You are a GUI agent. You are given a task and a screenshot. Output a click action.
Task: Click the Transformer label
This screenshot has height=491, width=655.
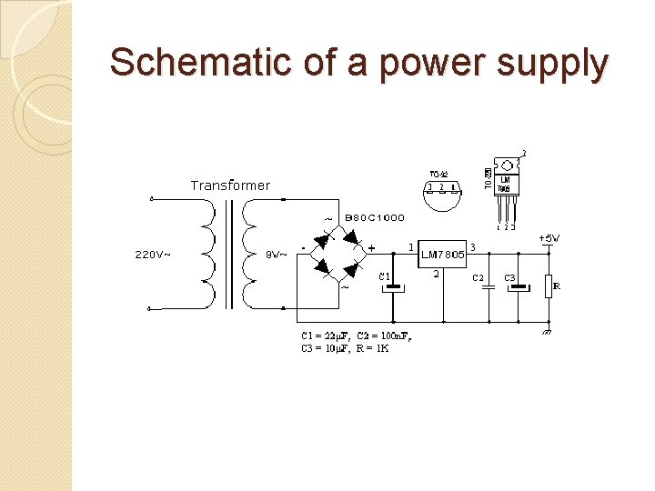pyautogui.click(x=230, y=185)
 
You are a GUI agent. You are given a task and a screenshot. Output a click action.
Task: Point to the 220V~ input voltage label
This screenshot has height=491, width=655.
pyautogui.click(x=153, y=255)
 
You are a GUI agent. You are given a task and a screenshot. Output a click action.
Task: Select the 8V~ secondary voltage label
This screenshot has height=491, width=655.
pyautogui.click(x=276, y=255)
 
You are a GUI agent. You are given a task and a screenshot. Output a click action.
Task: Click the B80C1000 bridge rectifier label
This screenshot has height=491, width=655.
pyautogui.click(x=375, y=218)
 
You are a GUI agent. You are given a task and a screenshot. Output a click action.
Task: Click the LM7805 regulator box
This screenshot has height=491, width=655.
pyautogui.click(x=442, y=254)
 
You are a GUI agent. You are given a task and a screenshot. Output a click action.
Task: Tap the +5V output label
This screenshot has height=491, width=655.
pyautogui.click(x=549, y=238)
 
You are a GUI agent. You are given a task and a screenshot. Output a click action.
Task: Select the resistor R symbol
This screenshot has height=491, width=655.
pyautogui.click(x=549, y=286)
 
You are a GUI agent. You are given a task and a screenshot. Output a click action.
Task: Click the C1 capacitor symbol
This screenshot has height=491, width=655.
pyautogui.click(x=393, y=287)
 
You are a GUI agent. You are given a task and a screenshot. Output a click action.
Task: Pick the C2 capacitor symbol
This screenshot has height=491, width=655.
pyautogui.click(x=489, y=287)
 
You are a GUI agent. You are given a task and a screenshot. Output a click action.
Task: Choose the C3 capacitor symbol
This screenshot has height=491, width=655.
pyautogui.click(x=518, y=287)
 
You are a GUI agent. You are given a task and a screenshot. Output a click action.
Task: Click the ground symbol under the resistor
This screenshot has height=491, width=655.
pyautogui.click(x=548, y=332)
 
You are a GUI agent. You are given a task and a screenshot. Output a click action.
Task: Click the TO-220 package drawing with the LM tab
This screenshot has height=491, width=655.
pyautogui.click(x=506, y=186)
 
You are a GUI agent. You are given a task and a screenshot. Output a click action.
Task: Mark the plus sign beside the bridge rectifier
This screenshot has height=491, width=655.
pyautogui.click(x=371, y=247)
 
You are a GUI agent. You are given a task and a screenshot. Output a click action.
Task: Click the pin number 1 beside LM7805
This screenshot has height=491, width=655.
pyautogui.click(x=411, y=245)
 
